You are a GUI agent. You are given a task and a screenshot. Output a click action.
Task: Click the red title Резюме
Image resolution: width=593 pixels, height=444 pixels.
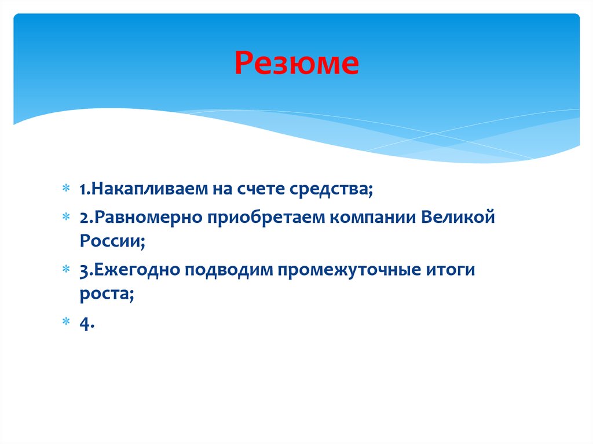pyautogui.click(x=296, y=64)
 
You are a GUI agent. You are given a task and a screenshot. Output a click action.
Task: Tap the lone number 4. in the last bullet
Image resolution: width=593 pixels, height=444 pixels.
pyautogui.click(x=87, y=324)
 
